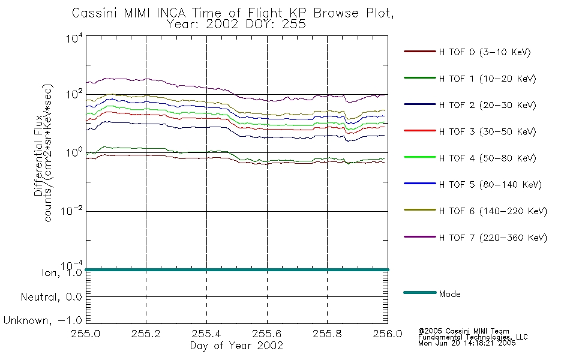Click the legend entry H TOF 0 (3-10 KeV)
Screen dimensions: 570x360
[x=485, y=52]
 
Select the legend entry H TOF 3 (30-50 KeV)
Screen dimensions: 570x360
[x=487, y=131]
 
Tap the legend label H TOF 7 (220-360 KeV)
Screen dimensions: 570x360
[x=493, y=238]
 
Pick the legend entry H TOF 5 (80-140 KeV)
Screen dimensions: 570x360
[x=490, y=185]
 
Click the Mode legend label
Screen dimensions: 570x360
[x=449, y=294]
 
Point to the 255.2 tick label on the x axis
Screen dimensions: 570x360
[x=146, y=334]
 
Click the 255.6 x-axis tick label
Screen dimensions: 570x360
[x=267, y=334]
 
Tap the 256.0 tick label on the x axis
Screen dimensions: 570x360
[x=388, y=334]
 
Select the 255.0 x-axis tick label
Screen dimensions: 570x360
[x=85, y=334]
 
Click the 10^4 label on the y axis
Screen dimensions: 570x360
[x=74, y=38]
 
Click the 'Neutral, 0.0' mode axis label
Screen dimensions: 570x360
[x=51, y=297]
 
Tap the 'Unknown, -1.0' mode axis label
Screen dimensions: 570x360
[x=43, y=320]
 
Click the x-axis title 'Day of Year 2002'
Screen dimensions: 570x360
[x=236, y=346]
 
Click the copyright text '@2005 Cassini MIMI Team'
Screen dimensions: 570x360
[x=463, y=331]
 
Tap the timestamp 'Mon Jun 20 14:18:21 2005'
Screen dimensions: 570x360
[x=467, y=343]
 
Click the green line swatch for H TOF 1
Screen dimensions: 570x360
[x=420, y=78]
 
